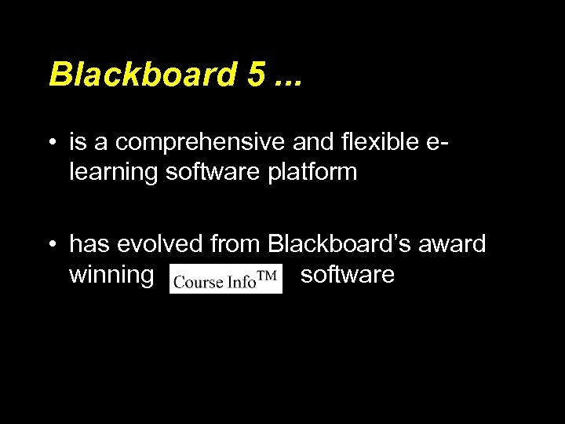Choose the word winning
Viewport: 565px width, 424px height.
pos(111,275)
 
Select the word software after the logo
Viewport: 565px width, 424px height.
pos(348,275)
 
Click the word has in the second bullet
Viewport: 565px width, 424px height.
pos(90,244)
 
